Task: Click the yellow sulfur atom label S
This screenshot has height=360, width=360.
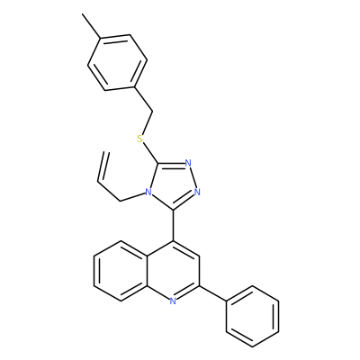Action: click(139, 139)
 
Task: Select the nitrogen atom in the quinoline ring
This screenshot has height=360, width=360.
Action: click(173, 301)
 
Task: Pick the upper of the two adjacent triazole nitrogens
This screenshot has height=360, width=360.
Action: click(188, 163)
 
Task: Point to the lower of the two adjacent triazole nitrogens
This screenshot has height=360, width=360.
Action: click(197, 192)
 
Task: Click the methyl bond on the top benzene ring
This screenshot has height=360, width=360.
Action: click(92, 26)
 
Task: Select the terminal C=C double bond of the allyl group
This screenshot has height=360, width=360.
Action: click(103, 166)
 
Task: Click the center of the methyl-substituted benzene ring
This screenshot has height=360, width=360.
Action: click(117, 62)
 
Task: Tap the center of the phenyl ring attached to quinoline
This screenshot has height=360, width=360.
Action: click(253, 317)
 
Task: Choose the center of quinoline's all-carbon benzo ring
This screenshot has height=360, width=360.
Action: click(121, 271)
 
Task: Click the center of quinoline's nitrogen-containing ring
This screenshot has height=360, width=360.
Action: click(174, 271)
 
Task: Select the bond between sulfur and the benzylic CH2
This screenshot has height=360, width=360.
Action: click(148, 123)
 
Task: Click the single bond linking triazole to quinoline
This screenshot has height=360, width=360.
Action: click(174, 225)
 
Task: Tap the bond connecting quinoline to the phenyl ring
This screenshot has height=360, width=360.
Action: click(213, 293)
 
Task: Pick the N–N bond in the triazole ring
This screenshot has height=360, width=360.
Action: click(193, 177)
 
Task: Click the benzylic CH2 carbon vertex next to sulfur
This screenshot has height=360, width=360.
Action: click(153, 112)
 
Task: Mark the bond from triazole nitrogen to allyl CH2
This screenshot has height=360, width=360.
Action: click(132, 197)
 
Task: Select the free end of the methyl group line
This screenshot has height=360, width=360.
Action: click(82, 13)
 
